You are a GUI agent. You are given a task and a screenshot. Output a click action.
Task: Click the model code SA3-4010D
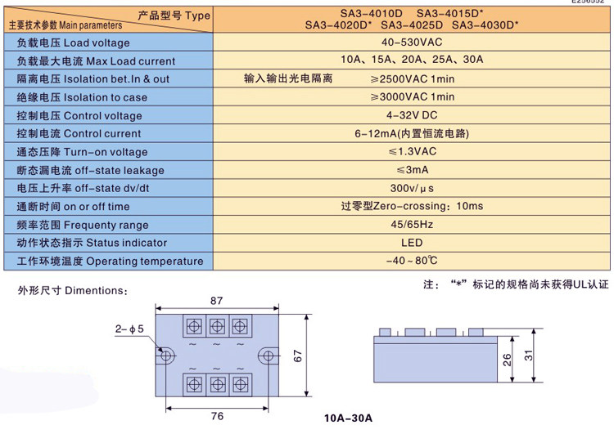point(371,14)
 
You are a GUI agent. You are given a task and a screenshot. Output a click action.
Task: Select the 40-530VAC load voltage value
point(412,43)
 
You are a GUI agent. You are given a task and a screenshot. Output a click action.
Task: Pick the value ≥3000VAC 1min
point(413,96)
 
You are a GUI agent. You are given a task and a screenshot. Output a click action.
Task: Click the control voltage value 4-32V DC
point(412,115)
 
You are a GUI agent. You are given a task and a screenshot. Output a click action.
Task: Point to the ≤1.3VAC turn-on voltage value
point(412,151)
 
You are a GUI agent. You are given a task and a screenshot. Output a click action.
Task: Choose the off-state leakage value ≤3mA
point(412,170)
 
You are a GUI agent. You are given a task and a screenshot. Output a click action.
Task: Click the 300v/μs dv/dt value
point(412,188)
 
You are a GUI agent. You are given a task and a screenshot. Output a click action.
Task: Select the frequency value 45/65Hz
point(412,225)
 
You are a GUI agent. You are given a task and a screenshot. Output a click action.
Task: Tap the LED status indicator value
point(412,243)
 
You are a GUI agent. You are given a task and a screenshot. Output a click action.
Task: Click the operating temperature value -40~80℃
point(412,261)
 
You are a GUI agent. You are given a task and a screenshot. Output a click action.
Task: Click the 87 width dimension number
point(217,301)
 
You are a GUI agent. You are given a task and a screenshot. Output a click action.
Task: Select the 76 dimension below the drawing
point(217,416)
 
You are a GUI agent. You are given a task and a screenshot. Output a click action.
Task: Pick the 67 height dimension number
point(298,356)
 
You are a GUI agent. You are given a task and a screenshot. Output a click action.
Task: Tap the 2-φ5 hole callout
point(129,329)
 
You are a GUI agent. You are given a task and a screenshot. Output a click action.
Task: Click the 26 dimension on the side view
point(507,360)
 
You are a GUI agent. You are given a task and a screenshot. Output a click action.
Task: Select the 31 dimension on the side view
point(529,356)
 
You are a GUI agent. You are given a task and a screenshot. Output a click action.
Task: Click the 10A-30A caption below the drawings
point(348,418)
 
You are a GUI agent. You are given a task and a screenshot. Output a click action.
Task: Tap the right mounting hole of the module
point(269,356)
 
